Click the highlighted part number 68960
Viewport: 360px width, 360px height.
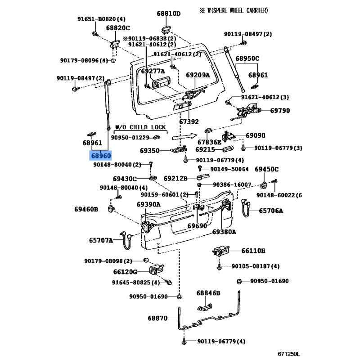point(101,156)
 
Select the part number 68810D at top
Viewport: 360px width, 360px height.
point(168,13)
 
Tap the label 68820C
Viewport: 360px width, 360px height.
point(117,28)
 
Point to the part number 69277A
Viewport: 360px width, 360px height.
point(153,71)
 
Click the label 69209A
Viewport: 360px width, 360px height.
point(198,75)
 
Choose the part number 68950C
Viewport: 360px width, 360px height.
point(247,58)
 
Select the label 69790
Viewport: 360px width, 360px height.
point(280,111)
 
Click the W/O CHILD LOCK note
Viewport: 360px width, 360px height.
point(141,127)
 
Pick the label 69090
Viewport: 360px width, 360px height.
point(255,135)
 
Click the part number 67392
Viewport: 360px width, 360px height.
point(189,121)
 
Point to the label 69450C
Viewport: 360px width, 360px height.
point(267,169)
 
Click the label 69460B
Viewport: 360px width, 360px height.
point(86,209)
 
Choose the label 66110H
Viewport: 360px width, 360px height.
point(253,251)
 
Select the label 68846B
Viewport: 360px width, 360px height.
point(208,293)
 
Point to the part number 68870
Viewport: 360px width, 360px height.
point(157,318)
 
